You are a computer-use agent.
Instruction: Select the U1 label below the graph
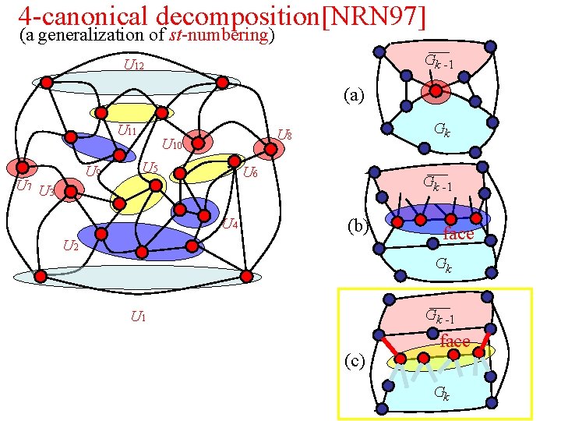[139, 317]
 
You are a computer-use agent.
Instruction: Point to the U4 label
[229, 225]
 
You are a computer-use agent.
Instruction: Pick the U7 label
[24, 186]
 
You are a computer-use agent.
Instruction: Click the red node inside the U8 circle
[265, 147]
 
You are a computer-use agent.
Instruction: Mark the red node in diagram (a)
[436, 92]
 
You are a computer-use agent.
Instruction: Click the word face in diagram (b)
[457, 234]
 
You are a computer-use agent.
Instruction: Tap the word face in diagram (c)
[454, 341]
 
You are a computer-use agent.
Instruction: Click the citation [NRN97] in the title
[373, 16]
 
